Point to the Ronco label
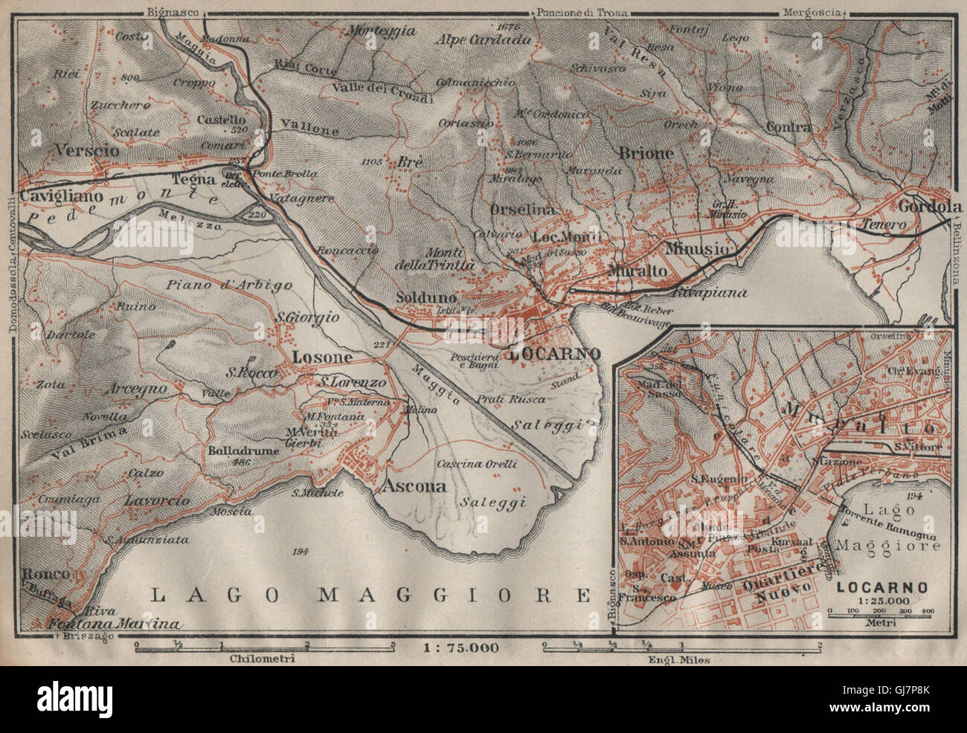[46, 574]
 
